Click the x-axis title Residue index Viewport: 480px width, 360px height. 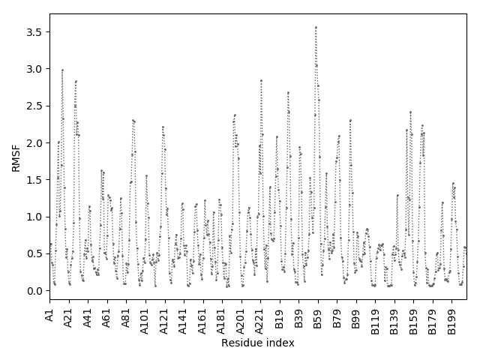[257, 343]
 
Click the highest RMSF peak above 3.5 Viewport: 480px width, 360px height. [316, 27]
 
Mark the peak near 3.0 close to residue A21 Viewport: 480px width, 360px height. [62, 70]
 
